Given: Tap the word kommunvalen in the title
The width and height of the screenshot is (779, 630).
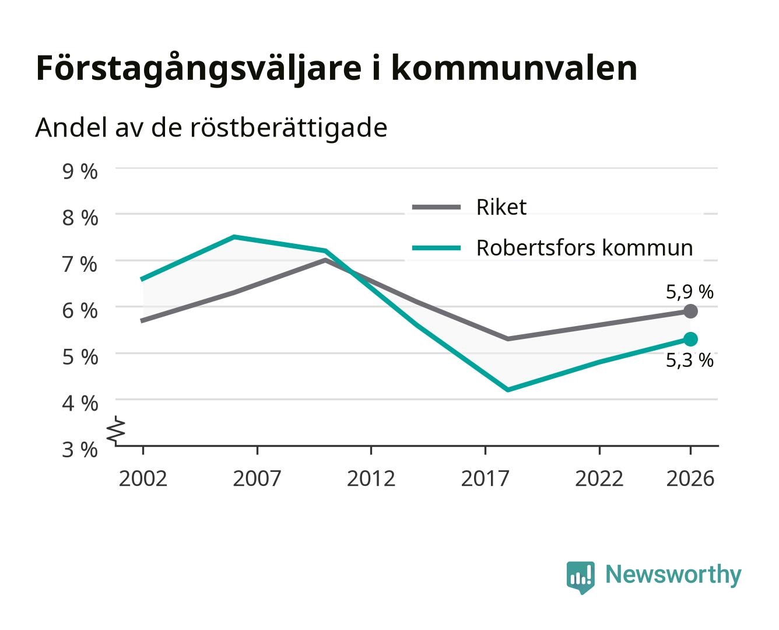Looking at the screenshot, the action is click(x=514, y=68).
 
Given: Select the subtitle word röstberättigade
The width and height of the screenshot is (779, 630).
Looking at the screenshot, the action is click(x=289, y=128).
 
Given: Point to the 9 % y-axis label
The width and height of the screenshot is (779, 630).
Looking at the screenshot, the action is click(x=80, y=171).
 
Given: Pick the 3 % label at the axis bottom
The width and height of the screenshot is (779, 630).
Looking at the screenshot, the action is click(x=80, y=450).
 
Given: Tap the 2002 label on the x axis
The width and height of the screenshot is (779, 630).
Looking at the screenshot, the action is click(x=143, y=478).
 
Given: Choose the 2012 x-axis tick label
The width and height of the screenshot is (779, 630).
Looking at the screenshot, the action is click(x=371, y=478).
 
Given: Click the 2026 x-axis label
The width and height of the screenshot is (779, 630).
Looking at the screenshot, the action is click(x=690, y=478).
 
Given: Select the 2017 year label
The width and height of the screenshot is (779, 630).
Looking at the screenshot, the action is click(x=485, y=478).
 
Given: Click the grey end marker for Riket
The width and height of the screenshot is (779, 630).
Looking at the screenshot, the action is click(x=690, y=311).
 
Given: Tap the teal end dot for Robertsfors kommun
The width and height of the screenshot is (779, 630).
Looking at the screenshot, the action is click(x=690, y=339).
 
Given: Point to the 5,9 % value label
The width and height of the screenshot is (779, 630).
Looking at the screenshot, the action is click(x=690, y=292).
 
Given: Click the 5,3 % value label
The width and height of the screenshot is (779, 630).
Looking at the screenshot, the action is click(x=690, y=360).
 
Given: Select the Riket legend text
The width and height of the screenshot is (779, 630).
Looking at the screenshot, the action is click(x=501, y=207).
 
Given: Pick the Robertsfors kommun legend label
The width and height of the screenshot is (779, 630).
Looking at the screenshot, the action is click(x=585, y=248).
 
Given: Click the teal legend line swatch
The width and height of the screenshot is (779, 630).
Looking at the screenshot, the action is click(x=436, y=248).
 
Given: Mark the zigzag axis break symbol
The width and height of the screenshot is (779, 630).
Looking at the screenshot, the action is click(x=116, y=430).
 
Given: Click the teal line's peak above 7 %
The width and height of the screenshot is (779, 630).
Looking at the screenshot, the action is click(x=234, y=237).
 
